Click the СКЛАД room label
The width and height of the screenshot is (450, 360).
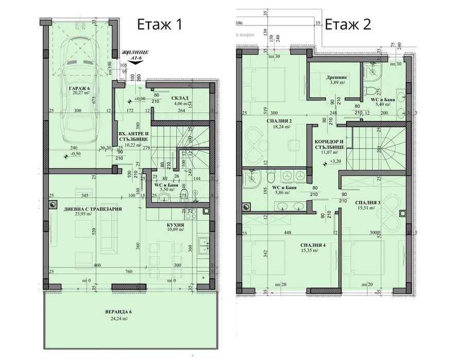click(180, 98)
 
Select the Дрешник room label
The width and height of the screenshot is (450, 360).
click(336, 77)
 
